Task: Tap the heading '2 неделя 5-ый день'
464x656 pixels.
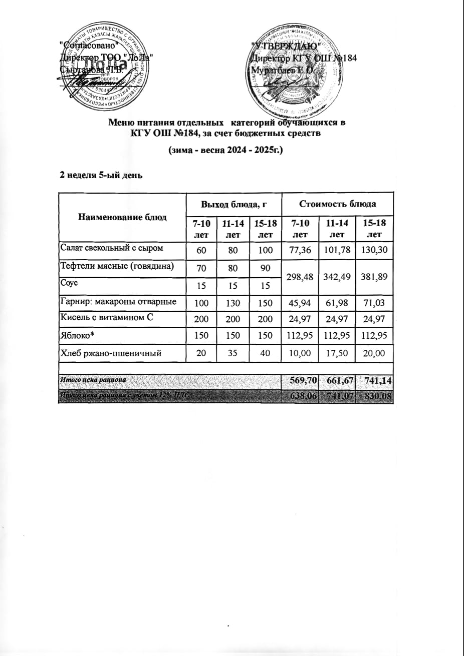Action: coord(102,175)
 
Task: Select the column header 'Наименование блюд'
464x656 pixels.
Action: coord(122,217)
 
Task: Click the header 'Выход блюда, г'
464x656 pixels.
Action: coord(233,204)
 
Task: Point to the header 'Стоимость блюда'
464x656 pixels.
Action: coord(338,204)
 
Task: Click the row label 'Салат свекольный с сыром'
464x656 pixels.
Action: coord(111,247)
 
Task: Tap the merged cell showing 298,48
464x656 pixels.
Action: coord(300,276)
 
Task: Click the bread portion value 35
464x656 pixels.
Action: coord(230,353)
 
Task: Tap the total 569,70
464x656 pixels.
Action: coord(300,381)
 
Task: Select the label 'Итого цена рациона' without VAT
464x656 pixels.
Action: coord(93,380)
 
